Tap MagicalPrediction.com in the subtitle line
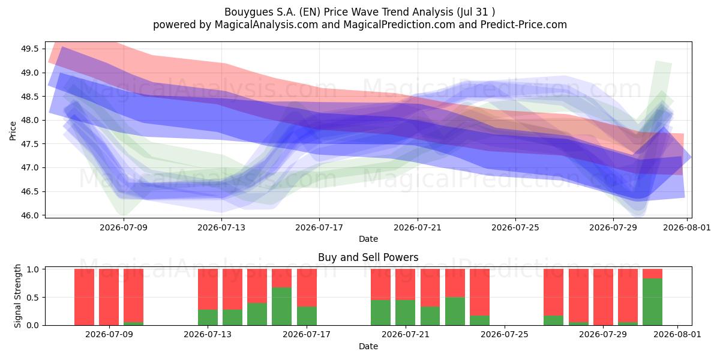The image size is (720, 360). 399,25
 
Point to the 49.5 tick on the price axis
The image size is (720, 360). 29,49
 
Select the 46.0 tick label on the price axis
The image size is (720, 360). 29,215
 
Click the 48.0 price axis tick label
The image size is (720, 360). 29,120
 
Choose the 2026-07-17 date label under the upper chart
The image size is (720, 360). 319,227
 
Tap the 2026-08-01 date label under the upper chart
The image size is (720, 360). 687,227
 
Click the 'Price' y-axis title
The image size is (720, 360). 13,131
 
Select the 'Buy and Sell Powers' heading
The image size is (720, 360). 368,257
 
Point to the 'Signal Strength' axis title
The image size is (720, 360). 17,296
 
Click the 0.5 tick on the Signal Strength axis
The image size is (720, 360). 32,298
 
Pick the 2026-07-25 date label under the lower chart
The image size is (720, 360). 505,335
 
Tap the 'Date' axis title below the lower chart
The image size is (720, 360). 368,347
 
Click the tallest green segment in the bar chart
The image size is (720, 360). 653,302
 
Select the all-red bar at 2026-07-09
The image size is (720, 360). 109,297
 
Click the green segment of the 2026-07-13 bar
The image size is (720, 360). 208,317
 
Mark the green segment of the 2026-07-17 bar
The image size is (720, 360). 307,316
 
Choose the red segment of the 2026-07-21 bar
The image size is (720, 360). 406,284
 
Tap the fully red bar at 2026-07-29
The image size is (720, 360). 603,297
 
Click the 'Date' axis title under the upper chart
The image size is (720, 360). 368,239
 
